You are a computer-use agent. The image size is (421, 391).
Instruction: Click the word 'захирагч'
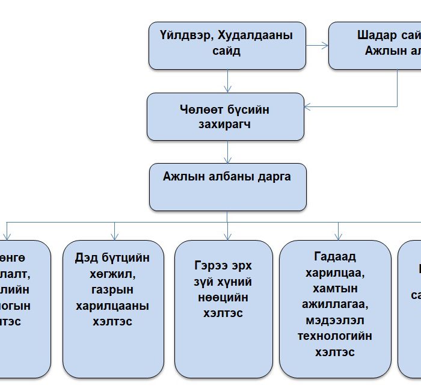click(224, 125)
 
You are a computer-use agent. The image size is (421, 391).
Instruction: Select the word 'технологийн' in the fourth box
click(335, 336)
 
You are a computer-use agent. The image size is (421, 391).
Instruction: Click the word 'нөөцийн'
click(223, 297)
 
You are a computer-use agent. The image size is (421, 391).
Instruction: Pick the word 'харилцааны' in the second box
click(112, 306)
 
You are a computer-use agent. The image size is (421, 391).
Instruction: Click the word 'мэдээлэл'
click(335, 321)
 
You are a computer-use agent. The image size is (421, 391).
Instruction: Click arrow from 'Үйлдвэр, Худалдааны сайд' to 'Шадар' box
click(317, 45)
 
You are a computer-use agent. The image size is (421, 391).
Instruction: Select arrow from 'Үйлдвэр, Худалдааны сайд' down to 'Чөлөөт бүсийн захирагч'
click(227, 81)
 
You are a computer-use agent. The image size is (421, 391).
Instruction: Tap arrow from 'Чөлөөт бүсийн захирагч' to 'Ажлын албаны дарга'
click(227, 152)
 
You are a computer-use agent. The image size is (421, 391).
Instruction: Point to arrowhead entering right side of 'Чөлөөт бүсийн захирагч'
click(308, 108)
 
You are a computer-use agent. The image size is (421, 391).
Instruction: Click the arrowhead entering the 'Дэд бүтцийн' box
click(114, 236)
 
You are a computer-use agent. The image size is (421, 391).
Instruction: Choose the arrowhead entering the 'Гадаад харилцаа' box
click(338, 236)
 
